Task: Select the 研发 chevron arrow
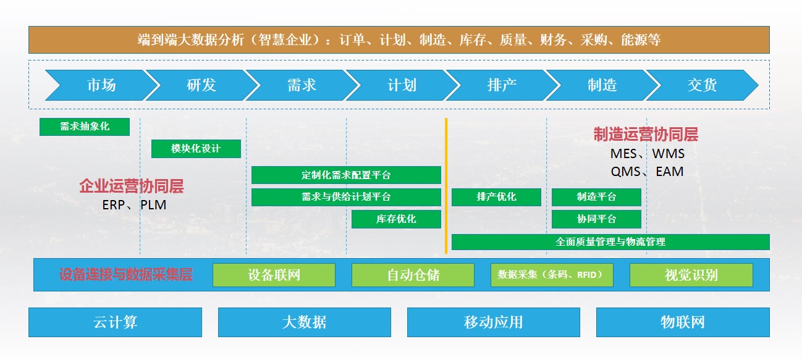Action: pyautogui.click(x=201, y=85)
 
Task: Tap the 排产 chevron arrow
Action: pyautogui.click(x=501, y=85)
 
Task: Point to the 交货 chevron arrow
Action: pyautogui.click(x=702, y=85)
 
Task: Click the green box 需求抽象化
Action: pyautogui.click(x=85, y=127)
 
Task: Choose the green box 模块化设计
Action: pyautogui.click(x=196, y=149)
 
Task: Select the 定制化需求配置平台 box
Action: pyautogui.click(x=346, y=175)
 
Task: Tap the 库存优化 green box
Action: pyautogui.click(x=396, y=219)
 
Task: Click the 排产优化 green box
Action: pyautogui.click(x=496, y=197)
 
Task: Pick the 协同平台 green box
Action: pyautogui.click(x=596, y=219)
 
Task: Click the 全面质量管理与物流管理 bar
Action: pyautogui.click(x=610, y=242)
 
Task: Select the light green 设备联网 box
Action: pyautogui.click(x=274, y=275)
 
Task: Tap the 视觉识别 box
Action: pyautogui.click(x=691, y=275)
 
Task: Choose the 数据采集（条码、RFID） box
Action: pyautogui.click(x=552, y=275)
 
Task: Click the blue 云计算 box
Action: pyautogui.click(x=115, y=322)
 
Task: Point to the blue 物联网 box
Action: pyautogui.click(x=683, y=322)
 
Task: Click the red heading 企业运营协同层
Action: pyautogui.click(x=132, y=186)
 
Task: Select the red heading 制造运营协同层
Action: pyautogui.click(x=646, y=135)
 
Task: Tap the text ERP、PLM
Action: pyautogui.click(x=134, y=205)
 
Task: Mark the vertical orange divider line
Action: pyautogui.click(x=446, y=185)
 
